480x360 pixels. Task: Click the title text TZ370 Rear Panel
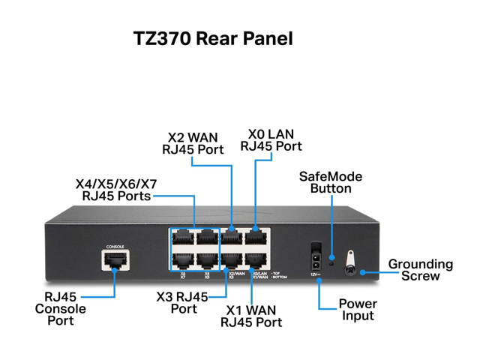213,37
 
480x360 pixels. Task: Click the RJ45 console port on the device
114,260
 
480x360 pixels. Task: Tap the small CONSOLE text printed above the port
115,246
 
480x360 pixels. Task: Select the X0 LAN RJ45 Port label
271,140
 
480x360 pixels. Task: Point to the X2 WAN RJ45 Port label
193,142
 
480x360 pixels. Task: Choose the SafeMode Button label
331,182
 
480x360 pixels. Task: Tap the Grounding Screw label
420,270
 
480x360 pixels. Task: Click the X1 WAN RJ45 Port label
251,316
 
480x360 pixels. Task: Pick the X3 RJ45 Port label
181,302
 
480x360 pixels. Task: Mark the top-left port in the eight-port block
183,239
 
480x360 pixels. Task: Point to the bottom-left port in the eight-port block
183,261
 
